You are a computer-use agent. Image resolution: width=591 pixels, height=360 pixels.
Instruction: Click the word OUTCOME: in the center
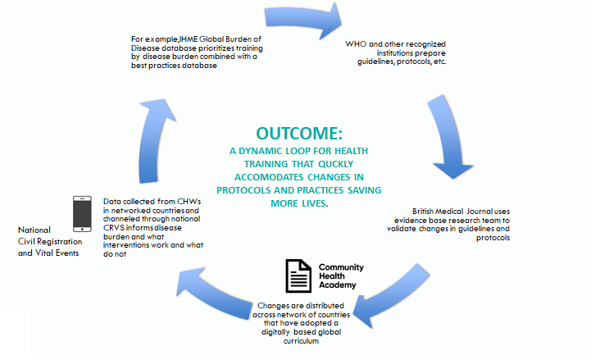click(299, 134)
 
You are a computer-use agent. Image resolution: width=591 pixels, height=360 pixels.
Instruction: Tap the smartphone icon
click(82, 214)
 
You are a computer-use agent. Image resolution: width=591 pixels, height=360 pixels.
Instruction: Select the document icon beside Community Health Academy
click(298, 276)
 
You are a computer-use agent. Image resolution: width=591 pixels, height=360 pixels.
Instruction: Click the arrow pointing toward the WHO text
click(302, 20)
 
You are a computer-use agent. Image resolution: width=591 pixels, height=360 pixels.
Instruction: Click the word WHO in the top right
click(356, 44)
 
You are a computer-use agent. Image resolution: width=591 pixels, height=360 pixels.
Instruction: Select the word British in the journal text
click(423, 212)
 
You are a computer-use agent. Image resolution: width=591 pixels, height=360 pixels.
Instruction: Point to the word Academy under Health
click(338, 285)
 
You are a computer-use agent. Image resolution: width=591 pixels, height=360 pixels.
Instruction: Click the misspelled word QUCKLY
click(335, 164)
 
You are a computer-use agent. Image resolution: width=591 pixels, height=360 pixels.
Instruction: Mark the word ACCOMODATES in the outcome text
click(269, 177)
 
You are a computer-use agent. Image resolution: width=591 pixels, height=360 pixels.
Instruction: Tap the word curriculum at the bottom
click(301, 341)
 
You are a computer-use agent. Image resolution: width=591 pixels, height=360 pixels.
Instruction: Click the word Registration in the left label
click(59, 242)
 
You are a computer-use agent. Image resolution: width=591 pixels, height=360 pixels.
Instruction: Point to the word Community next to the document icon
click(341, 267)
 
